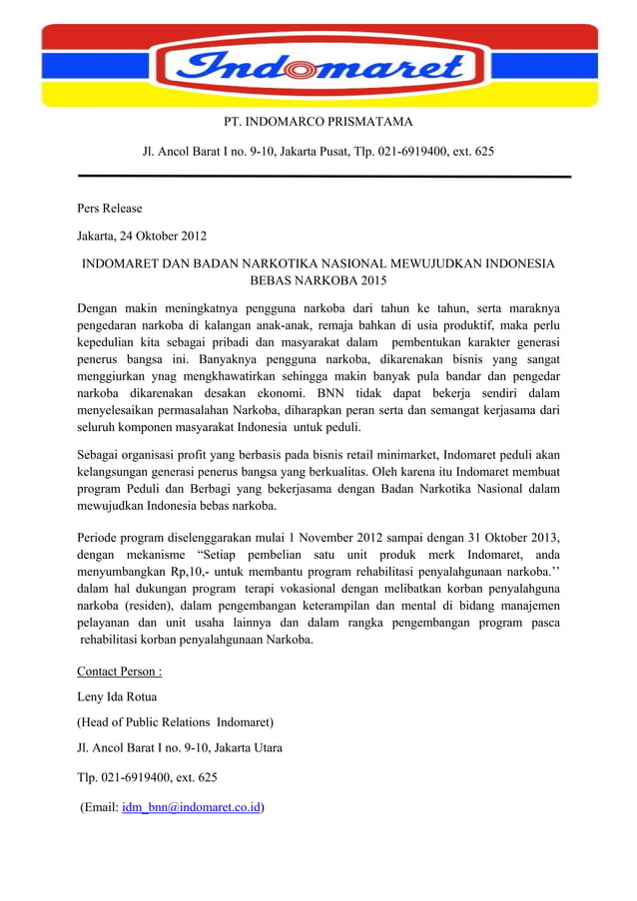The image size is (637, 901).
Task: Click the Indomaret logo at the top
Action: tap(318, 68)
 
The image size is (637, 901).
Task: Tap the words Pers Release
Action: tap(110, 209)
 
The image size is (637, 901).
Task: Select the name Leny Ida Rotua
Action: tap(117, 696)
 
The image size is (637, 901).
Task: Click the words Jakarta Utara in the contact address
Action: tap(245, 747)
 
